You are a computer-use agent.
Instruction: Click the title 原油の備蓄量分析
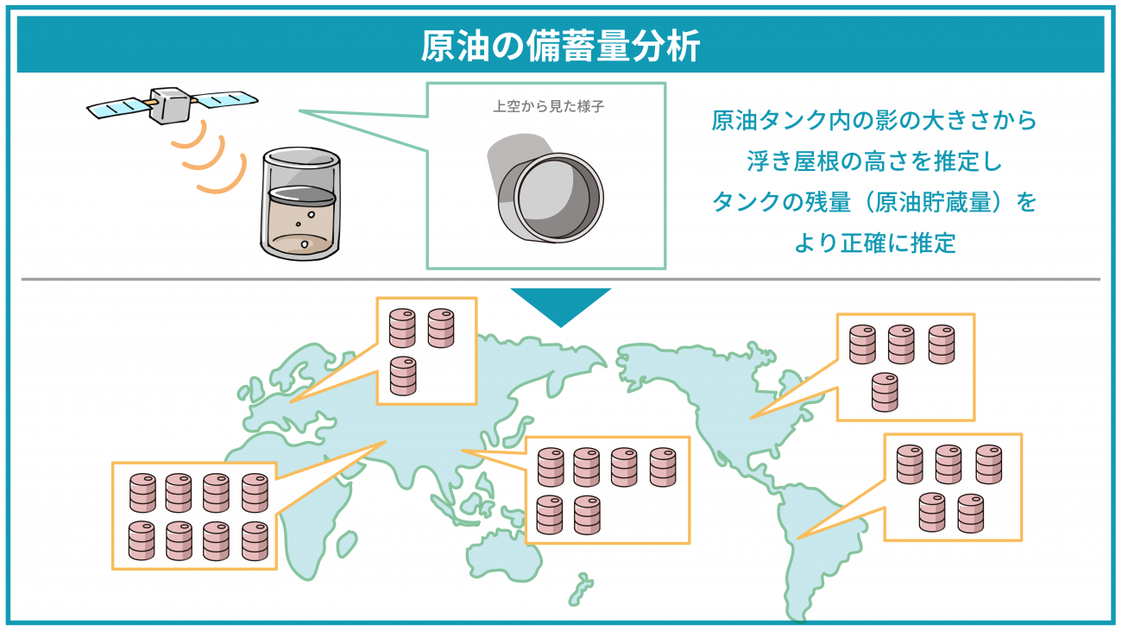coord(560,46)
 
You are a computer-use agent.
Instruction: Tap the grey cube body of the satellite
coord(170,105)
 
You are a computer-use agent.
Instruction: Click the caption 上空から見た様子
coord(548,106)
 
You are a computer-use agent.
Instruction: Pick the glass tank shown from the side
coord(300,204)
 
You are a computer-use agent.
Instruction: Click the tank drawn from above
coord(546,188)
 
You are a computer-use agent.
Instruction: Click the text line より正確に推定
coord(875,243)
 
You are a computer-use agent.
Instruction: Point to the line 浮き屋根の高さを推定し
coord(874,161)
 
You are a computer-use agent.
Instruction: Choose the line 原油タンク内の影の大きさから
coord(874,120)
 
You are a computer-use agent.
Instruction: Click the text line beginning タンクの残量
coord(874,202)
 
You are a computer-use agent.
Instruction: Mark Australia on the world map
coord(505,553)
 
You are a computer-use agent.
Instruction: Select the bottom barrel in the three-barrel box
coord(403,376)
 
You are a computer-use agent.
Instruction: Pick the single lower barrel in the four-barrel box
coord(885,392)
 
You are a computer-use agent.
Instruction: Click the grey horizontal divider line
coord(560,279)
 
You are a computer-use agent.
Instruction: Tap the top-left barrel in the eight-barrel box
coord(142,493)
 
